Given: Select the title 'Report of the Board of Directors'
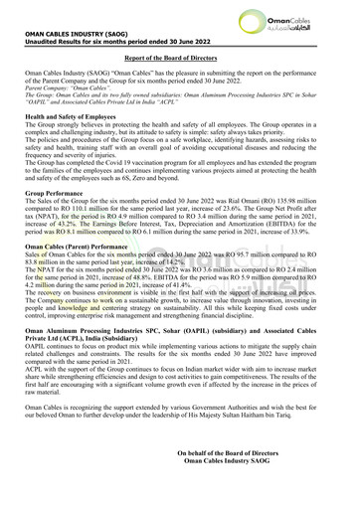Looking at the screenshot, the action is click(179, 59).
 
